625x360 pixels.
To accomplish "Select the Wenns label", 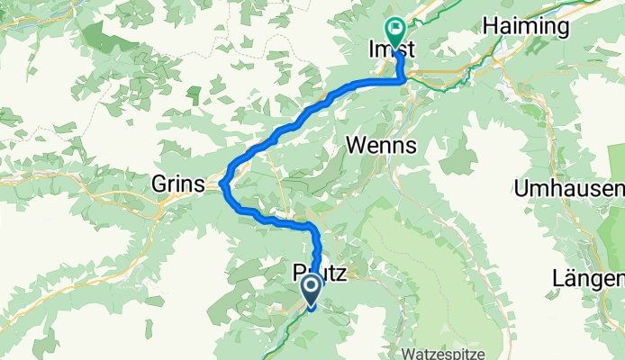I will pos(382,145).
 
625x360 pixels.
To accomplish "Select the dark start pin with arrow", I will pos(311,291).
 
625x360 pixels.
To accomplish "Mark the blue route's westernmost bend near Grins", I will pos(222,184).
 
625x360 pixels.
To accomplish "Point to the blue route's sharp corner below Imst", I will pos(402,81).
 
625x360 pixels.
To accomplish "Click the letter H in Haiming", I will pos(492,27).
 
